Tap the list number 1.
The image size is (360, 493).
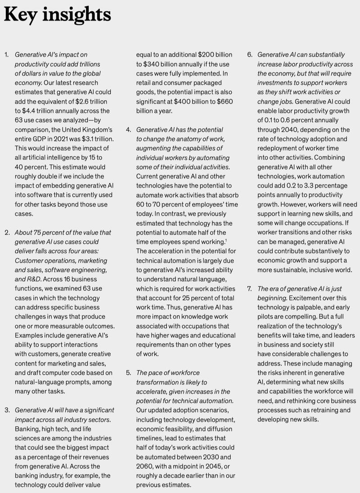6,54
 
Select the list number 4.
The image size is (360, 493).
128,130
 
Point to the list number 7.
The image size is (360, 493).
249,288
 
